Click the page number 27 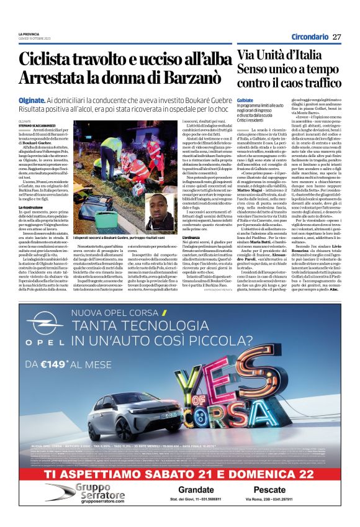click(337, 37)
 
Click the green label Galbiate click(245, 99)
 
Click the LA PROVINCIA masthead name click(29, 34)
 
